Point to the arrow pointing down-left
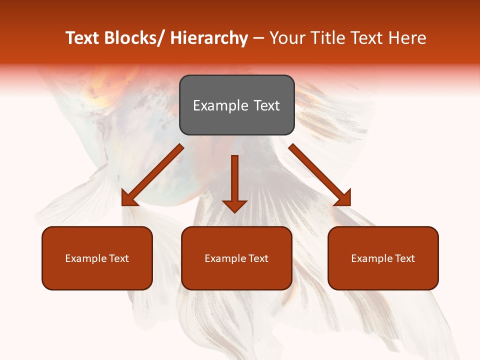152,175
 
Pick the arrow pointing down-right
320,175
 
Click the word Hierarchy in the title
208,38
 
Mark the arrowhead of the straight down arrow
234,205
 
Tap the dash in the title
258,38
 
